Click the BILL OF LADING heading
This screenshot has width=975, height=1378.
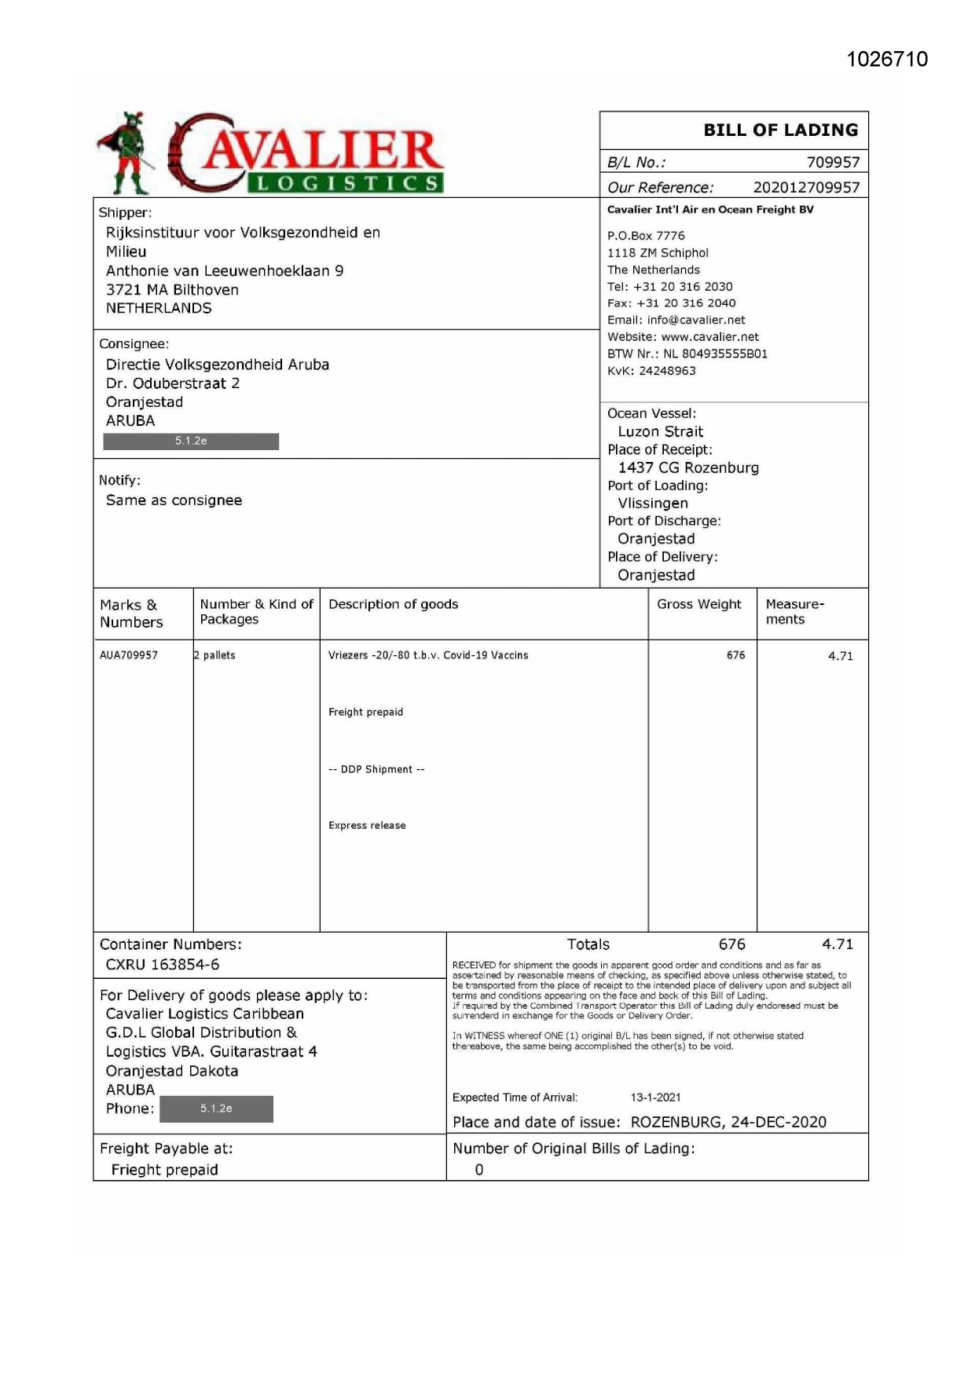pyautogui.click(x=780, y=130)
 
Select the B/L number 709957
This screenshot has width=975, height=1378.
pyautogui.click(x=833, y=163)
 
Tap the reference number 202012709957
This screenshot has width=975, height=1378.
pyautogui.click(x=806, y=188)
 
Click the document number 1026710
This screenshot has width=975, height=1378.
pyautogui.click(x=887, y=60)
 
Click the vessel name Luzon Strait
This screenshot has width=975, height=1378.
pyautogui.click(x=660, y=432)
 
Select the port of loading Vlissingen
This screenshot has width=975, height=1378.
pyautogui.click(x=652, y=504)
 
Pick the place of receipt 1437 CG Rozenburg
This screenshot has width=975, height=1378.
pyautogui.click(x=688, y=468)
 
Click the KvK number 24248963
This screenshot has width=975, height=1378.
pyautogui.click(x=667, y=371)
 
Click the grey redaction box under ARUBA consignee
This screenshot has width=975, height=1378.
pyautogui.click(x=191, y=442)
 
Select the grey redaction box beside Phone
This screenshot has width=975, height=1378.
pyautogui.click(x=216, y=1109)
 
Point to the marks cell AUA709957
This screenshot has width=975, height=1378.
pyautogui.click(x=129, y=655)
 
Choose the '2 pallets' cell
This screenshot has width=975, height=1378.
pyautogui.click(x=215, y=655)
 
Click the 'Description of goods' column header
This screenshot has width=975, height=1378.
pyautogui.click(x=393, y=604)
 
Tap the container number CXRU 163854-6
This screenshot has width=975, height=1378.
pyautogui.click(x=163, y=965)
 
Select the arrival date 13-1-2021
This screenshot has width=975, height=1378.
pyautogui.click(x=655, y=1098)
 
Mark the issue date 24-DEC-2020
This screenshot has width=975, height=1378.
pyautogui.click(x=778, y=1122)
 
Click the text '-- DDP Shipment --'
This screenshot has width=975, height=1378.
pyautogui.click(x=376, y=769)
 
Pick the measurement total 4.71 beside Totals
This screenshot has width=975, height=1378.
pyautogui.click(x=838, y=944)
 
